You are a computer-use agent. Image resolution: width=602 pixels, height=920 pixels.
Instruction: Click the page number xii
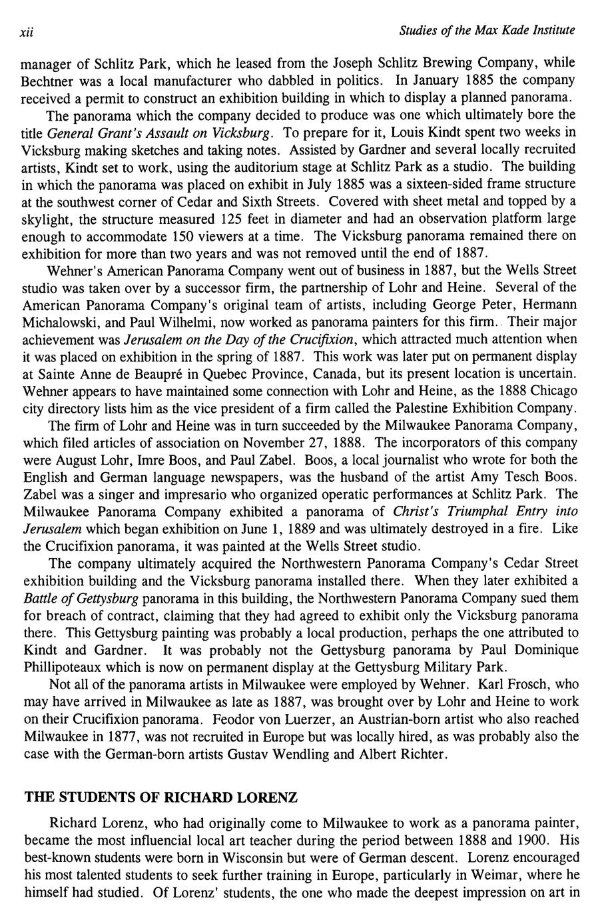click(x=27, y=31)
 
